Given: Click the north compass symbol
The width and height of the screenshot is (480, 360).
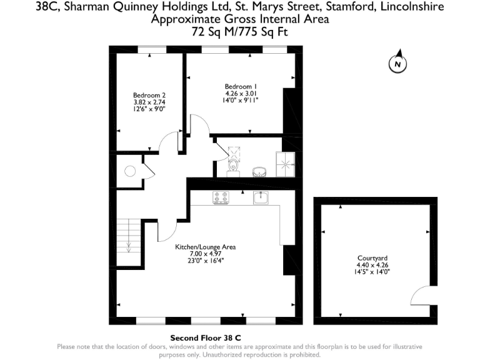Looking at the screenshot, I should point(397,62).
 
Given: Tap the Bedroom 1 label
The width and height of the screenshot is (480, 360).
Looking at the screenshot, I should point(241,86).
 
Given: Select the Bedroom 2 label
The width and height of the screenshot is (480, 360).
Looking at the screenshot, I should point(149,95).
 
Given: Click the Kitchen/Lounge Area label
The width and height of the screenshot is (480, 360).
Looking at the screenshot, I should point(204,247).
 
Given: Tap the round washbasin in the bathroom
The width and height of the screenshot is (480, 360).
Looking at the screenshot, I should point(259,171).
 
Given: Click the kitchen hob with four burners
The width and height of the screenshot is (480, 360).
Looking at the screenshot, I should point(221,197).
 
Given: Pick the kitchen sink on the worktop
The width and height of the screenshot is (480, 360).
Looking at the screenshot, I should point(261,197).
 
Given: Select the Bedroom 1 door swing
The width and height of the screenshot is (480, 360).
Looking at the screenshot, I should point(199,125).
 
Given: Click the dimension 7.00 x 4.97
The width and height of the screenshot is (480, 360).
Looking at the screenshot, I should point(204,254).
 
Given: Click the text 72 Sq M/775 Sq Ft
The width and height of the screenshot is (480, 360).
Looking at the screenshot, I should point(240,30).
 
